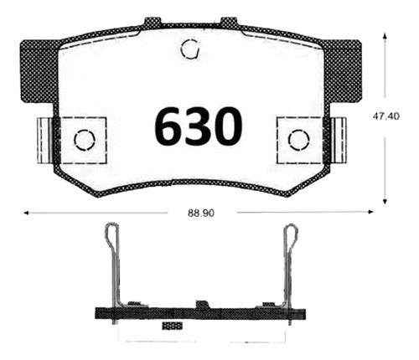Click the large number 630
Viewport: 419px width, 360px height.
[199, 126]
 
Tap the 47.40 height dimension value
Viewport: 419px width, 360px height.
[385, 116]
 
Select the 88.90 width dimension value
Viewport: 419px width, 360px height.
[201, 213]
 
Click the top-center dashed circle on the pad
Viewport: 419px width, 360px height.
[190, 49]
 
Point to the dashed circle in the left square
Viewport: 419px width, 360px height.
[85, 140]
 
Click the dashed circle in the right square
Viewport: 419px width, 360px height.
[299, 140]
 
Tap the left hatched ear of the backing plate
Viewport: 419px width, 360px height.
[39, 71]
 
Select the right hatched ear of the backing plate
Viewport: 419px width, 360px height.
[343, 71]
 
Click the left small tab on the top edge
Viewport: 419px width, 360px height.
[153, 22]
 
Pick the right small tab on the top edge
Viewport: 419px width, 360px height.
[229, 22]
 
